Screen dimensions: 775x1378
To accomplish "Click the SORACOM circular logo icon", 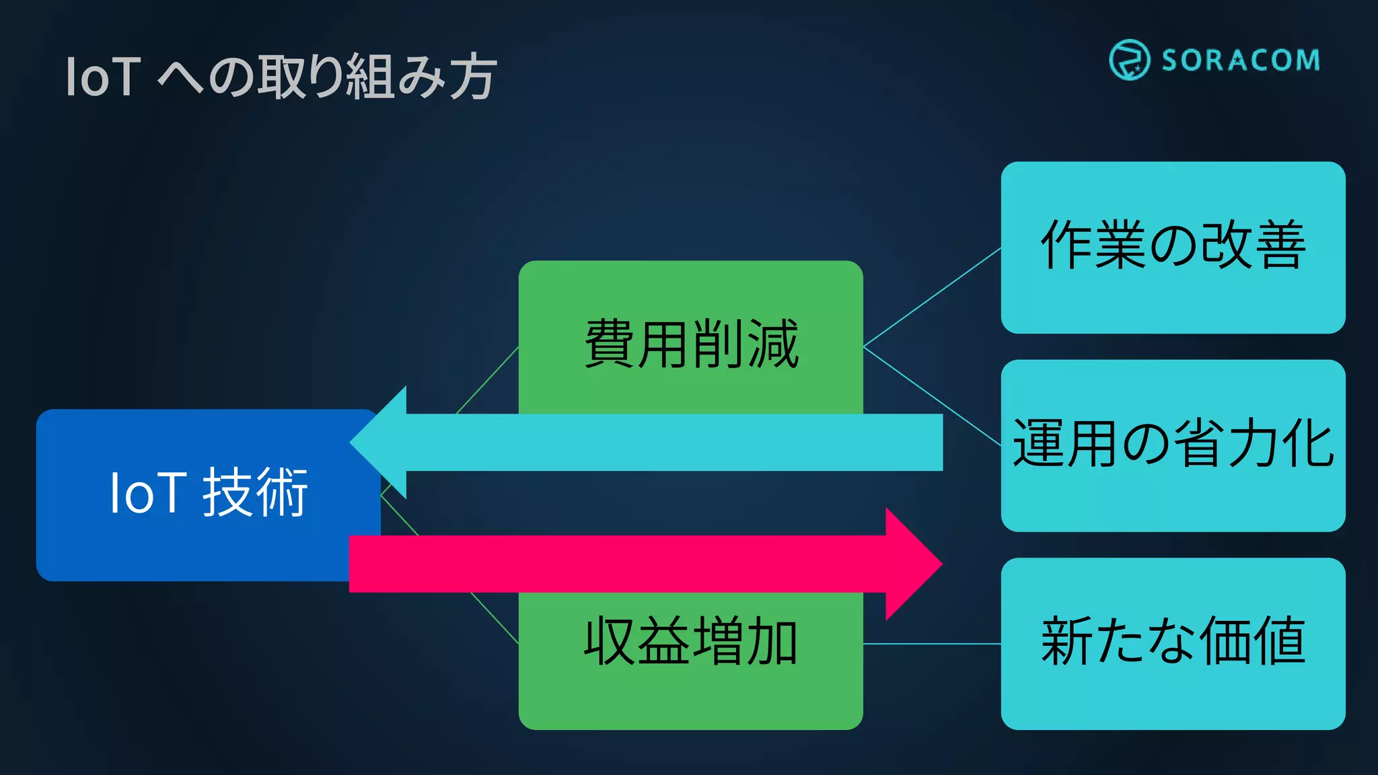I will click(1129, 60).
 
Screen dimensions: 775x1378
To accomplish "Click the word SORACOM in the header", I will click(1241, 61).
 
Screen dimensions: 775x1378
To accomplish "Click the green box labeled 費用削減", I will click(690, 343).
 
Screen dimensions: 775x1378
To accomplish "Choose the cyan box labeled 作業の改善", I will click(1173, 246).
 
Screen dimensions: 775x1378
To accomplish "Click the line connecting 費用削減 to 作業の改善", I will click(932, 297).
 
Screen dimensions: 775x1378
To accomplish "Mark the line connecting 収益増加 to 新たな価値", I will click(932, 644).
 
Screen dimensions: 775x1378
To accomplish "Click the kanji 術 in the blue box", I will click(281, 493).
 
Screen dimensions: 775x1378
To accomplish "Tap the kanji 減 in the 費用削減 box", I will click(772, 344).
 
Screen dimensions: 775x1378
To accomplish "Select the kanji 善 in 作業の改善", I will click(1280, 245).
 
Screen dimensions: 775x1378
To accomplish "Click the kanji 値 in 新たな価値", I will click(1280, 641).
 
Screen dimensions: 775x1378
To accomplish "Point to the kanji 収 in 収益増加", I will click(609, 641).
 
